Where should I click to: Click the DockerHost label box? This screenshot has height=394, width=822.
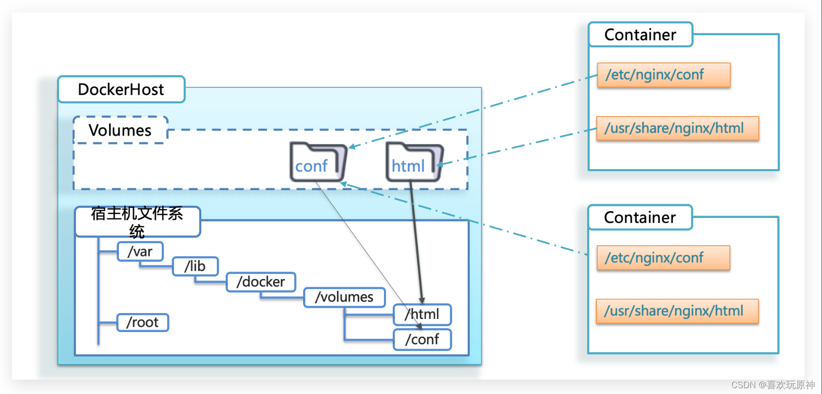click(121, 90)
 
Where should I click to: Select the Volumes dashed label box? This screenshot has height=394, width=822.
click(120, 130)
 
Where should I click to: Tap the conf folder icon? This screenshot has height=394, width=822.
click(317, 163)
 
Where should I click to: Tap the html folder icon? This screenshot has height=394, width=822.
click(413, 163)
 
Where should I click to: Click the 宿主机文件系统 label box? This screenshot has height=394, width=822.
click(137, 222)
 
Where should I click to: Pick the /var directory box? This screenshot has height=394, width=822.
click(140, 252)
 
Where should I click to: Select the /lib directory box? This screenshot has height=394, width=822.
click(195, 266)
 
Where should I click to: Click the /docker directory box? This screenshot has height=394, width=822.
click(261, 282)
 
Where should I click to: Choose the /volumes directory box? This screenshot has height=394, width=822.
click(344, 297)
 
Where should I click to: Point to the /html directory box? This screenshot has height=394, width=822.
click(422, 315)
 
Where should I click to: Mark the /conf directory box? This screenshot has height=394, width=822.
click(422, 339)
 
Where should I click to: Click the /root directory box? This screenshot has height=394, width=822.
click(142, 322)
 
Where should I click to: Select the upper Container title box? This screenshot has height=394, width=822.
click(640, 35)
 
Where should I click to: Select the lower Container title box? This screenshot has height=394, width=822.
click(640, 217)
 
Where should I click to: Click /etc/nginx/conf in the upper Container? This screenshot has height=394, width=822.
click(664, 75)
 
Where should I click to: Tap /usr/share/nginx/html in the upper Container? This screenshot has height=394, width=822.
click(677, 128)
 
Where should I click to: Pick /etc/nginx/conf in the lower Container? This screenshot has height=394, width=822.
click(663, 258)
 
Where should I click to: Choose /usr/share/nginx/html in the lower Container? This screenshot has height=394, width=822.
click(677, 311)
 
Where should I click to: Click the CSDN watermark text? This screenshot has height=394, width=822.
click(773, 385)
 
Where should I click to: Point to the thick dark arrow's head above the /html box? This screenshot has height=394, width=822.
click(422, 300)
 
